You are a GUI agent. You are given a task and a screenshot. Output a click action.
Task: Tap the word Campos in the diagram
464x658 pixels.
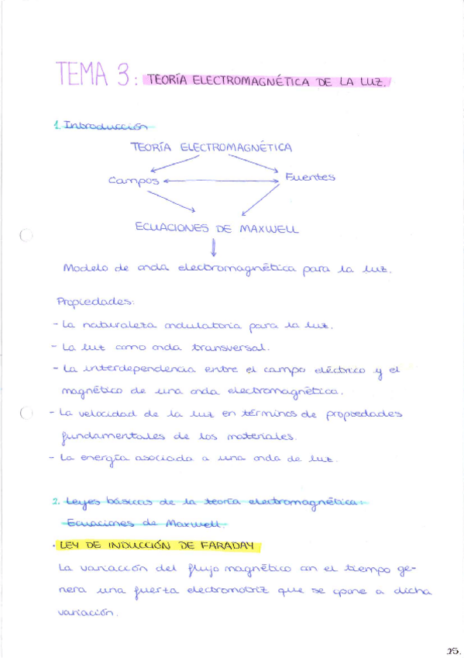tap(133, 181)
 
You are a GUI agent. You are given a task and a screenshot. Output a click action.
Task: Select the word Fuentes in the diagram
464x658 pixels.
tap(310, 177)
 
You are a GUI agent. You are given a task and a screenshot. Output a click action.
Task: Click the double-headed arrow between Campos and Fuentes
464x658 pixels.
tap(220, 181)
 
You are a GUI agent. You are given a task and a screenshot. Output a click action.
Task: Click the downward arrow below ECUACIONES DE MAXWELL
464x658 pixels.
tap(212, 248)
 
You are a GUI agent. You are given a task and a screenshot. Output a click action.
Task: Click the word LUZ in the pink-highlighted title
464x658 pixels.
tap(370, 81)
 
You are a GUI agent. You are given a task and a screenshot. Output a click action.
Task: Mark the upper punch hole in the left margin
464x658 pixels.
tap(26, 237)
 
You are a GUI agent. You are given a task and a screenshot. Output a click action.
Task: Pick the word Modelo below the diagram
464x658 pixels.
tap(86, 269)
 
